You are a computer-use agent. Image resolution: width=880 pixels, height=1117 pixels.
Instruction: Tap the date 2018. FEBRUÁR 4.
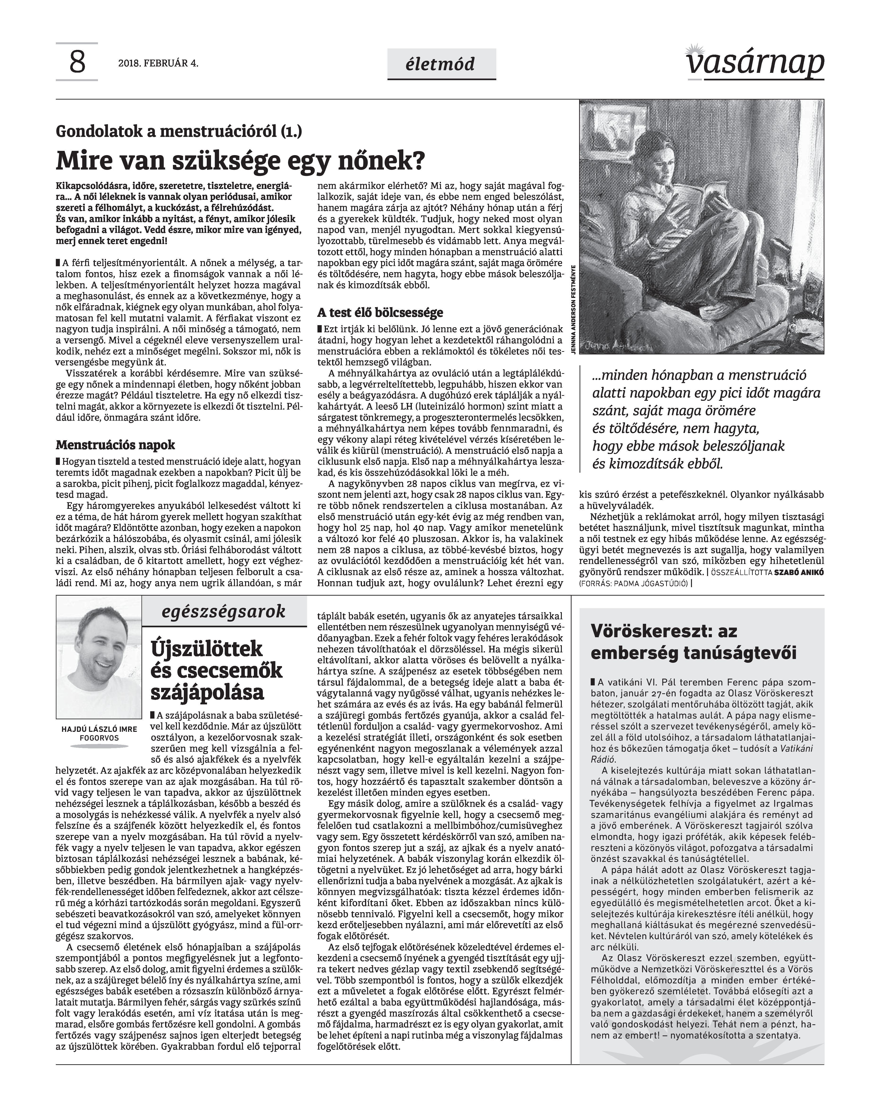[158, 64]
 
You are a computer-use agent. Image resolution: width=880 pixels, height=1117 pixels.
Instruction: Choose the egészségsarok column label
[223, 611]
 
